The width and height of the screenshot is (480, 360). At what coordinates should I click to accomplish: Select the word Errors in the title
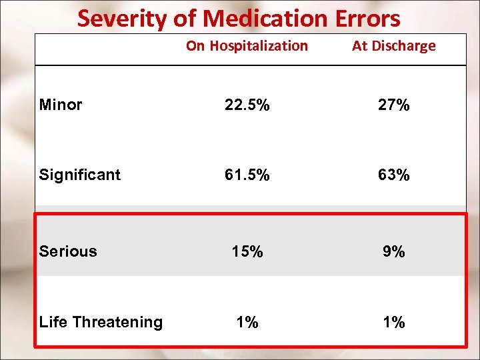pos(365,18)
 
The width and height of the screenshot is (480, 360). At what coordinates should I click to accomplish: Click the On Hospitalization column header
pos(247,46)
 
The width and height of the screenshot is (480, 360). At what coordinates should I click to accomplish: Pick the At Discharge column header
pos(393,46)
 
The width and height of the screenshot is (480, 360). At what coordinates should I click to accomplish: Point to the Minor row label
pos(61,105)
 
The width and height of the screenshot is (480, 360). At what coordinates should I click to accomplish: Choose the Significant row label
pos(80,175)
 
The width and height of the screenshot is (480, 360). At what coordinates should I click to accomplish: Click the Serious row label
pos(68,251)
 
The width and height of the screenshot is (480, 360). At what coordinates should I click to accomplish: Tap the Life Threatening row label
pos(101,322)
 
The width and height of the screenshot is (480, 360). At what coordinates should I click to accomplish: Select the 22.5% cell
pos(247,105)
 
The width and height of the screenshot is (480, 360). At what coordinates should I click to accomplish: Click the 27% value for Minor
pos(393,105)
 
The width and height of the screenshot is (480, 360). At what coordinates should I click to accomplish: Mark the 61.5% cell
pos(247,175)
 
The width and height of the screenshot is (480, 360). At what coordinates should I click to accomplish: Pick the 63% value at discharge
pos(393,175)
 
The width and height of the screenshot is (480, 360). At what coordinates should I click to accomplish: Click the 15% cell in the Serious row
pos(247,252)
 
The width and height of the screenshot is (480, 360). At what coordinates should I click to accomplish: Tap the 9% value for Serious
pos(393,252)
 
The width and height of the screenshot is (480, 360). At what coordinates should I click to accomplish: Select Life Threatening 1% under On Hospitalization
pos(247,323)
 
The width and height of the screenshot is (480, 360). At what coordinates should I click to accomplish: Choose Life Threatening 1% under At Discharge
pos(393,323)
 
